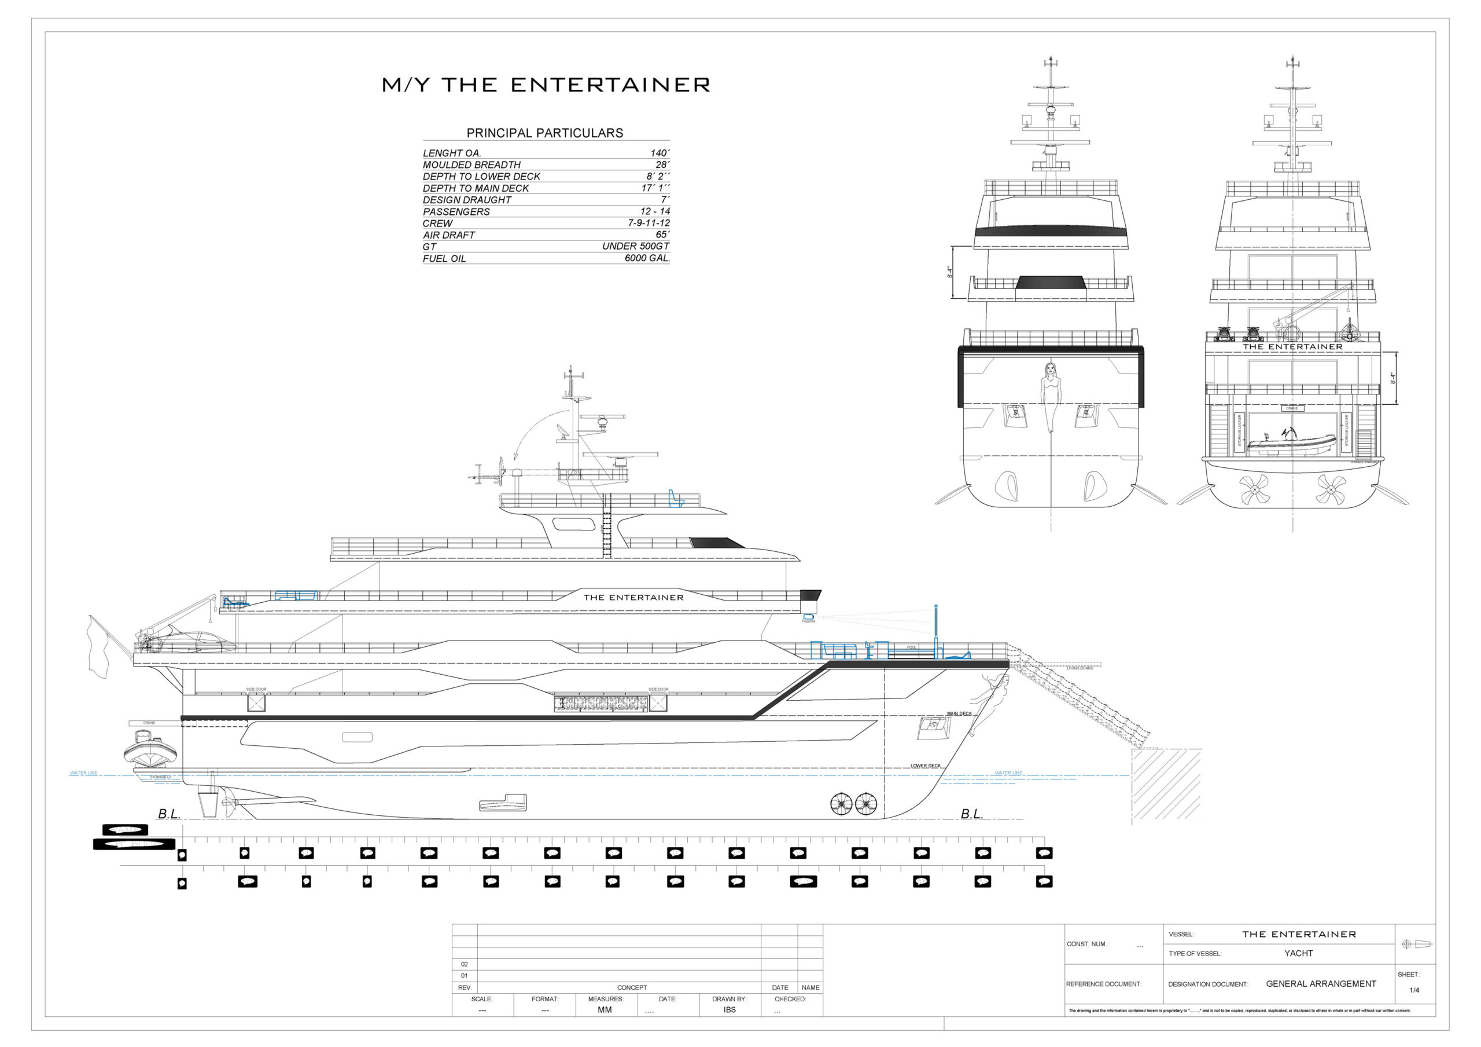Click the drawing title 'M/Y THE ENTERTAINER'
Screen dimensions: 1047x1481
pos(546,85)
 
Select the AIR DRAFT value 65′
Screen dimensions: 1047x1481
pos(662,235)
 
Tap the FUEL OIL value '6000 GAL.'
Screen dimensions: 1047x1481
pos(647,258)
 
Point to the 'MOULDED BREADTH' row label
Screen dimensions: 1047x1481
pos(471,164)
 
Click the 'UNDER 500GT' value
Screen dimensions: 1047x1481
pos(635,246)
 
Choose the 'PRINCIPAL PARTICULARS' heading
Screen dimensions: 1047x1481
pos(544,133)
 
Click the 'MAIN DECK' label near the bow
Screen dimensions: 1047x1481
pos(959,713)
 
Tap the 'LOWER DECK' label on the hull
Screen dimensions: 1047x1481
pos(925,766)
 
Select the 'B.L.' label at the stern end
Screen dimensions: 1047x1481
pos(169,814)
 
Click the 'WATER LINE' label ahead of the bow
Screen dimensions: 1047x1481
pos(1008,773)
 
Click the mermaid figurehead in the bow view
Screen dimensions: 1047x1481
pos(1051,394)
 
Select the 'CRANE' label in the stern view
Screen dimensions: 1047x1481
pos(1291,408)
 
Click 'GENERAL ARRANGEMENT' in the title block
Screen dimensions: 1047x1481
pos(1320,984)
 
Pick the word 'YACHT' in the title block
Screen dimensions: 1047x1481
pos(1298,953)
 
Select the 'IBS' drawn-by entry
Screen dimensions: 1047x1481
pos(729,1009)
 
